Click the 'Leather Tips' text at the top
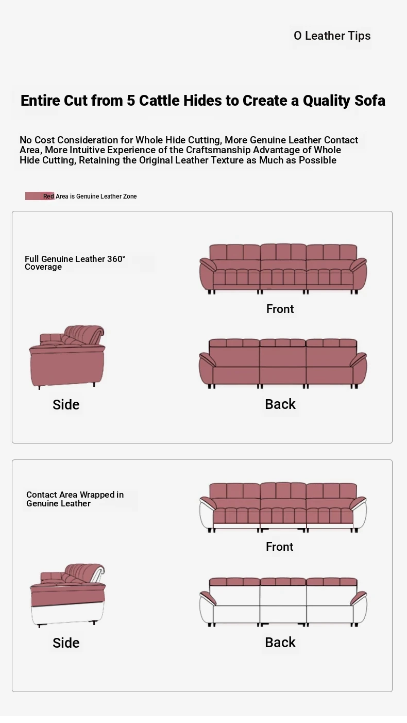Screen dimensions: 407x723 click(x=337, y=36)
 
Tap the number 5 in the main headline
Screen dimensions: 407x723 click(x=131, y=101)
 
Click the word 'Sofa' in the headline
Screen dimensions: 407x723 click(x=370, y=101)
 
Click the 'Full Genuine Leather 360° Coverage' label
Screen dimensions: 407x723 click(x=75, y=262)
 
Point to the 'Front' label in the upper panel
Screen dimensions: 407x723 click(x=280, y=309)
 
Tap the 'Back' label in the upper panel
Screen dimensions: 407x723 click(x=280, y=404)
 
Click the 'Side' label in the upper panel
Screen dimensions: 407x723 click(x=66, y=404)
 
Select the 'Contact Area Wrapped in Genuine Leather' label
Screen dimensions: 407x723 click(x=75, y=499)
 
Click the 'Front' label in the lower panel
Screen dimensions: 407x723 click(x=279, y=547)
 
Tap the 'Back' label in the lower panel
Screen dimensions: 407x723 click(x=280, y=643)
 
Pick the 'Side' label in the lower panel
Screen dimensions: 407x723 click(x=66, y=643)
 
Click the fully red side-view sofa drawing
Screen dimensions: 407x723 click(x=67, y=357)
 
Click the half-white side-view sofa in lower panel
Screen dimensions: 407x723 click(x=67, y=596)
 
